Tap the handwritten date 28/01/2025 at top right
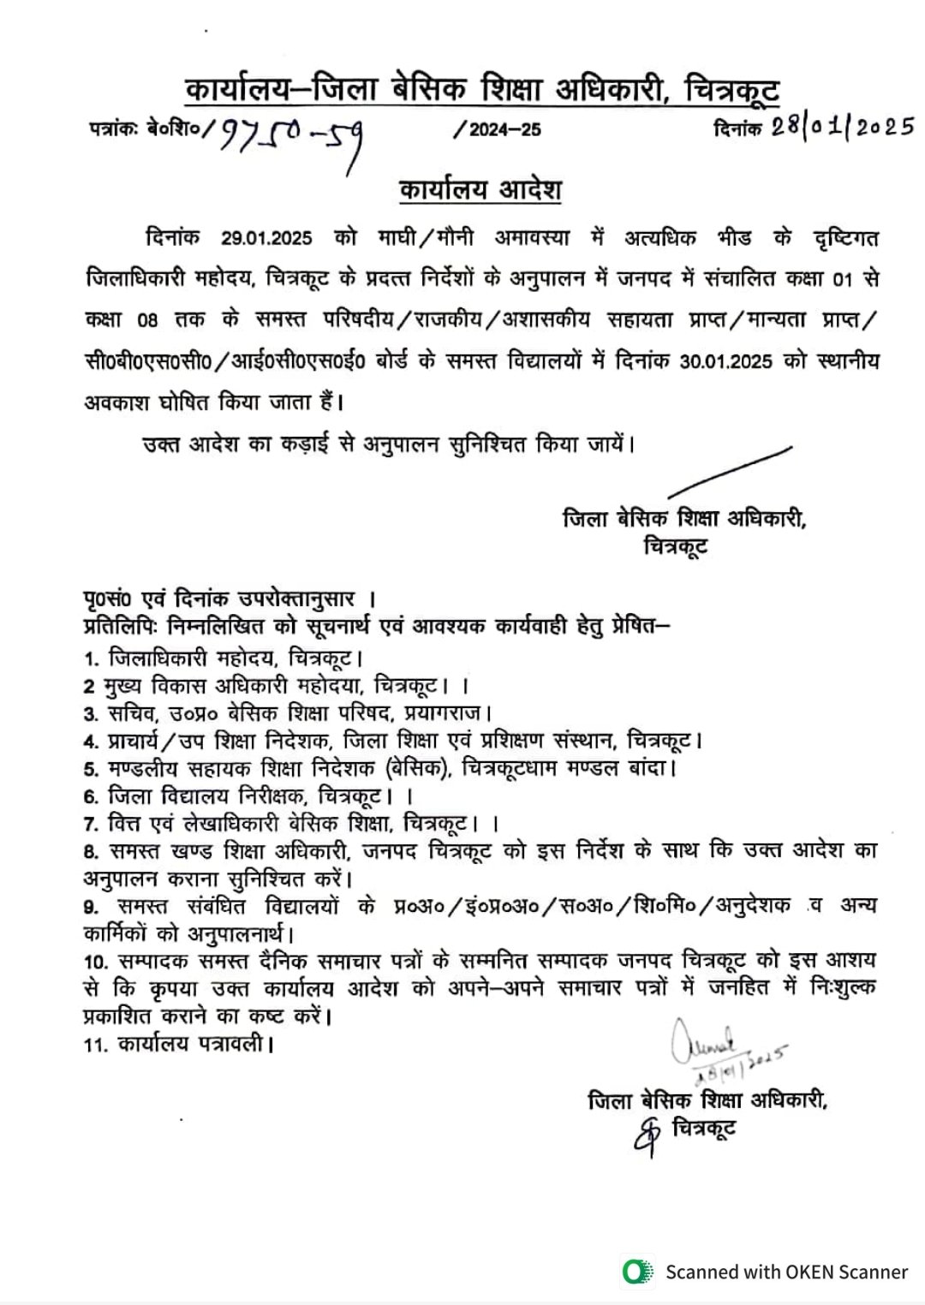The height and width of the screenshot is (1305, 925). [842, 127]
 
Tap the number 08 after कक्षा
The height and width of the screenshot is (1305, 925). [146, 320]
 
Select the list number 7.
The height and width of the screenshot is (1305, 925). [89, 824]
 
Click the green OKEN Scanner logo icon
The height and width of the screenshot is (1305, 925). [635, 1272]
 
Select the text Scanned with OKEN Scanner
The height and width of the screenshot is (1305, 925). [786, 1272]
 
